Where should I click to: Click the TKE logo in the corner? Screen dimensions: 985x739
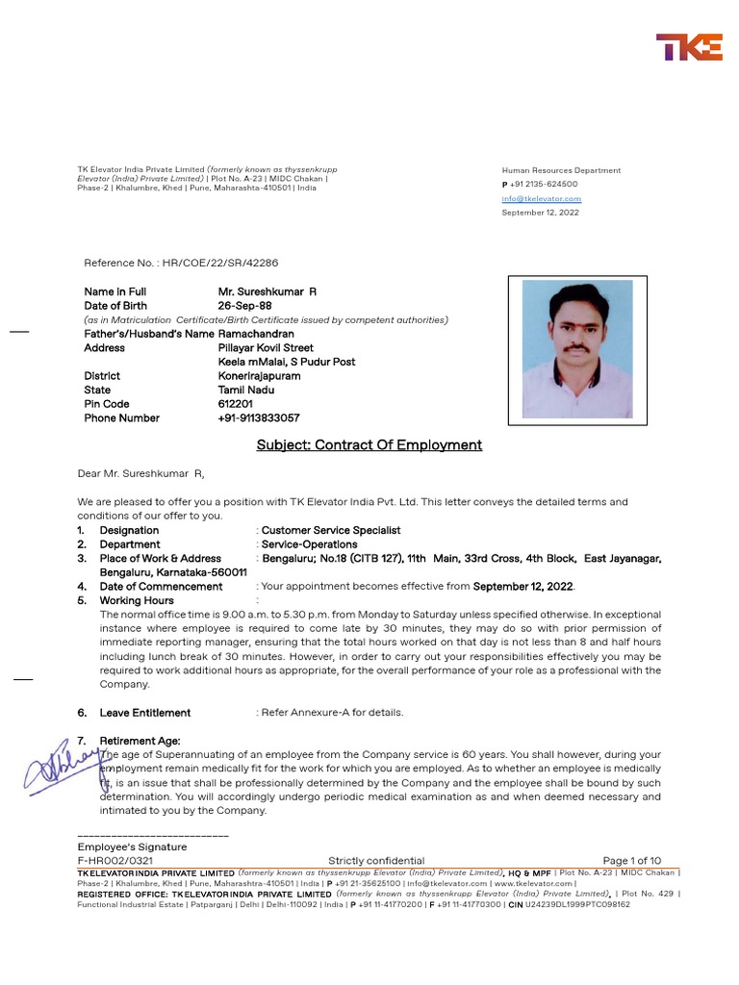(689, 47)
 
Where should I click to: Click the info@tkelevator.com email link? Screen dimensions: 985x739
(541, 198)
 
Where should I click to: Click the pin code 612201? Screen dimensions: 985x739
(235, 404)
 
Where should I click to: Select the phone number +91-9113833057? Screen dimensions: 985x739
(258, 418)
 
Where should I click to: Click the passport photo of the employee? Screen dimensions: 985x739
(576, 349)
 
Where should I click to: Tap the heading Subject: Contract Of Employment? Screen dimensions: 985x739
(369, 445)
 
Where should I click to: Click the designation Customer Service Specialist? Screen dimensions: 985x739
(331, 530)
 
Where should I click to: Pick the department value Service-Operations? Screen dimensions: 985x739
(309, 544)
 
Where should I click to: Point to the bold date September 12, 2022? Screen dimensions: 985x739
(522, 586)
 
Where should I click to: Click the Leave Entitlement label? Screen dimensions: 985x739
(145, 713)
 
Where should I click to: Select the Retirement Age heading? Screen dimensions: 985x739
(140, 741)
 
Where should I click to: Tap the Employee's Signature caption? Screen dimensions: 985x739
(132, 846)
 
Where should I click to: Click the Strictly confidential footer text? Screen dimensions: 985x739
(375, 860)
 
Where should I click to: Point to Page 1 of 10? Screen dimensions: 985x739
(631, 860)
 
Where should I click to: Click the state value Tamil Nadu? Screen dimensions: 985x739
(245, 390)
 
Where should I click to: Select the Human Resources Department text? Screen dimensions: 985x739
(561, 170)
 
